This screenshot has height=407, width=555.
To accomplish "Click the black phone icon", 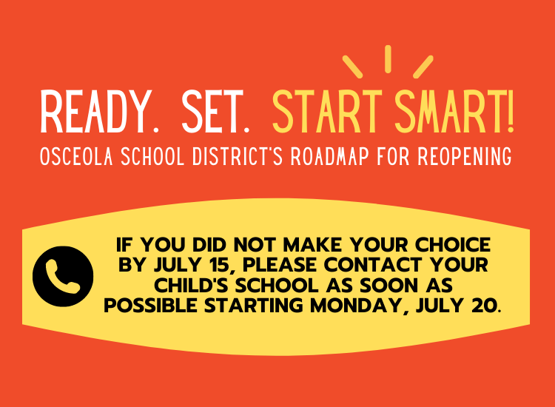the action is tap(63, 276).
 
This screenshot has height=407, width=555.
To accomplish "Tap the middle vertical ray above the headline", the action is tap(388, 59).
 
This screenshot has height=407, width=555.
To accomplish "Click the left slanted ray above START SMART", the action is tap(352, 67).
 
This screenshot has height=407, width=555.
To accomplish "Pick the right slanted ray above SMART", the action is tap(423, 67).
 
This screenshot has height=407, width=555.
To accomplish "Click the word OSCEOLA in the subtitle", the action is tap(76, 156).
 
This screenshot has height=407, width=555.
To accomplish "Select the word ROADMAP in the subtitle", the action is tap(329, 156).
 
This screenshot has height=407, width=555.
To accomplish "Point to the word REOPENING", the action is tap(465, 156).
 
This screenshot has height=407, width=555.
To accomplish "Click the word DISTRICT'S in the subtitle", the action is tap(238, 156).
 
